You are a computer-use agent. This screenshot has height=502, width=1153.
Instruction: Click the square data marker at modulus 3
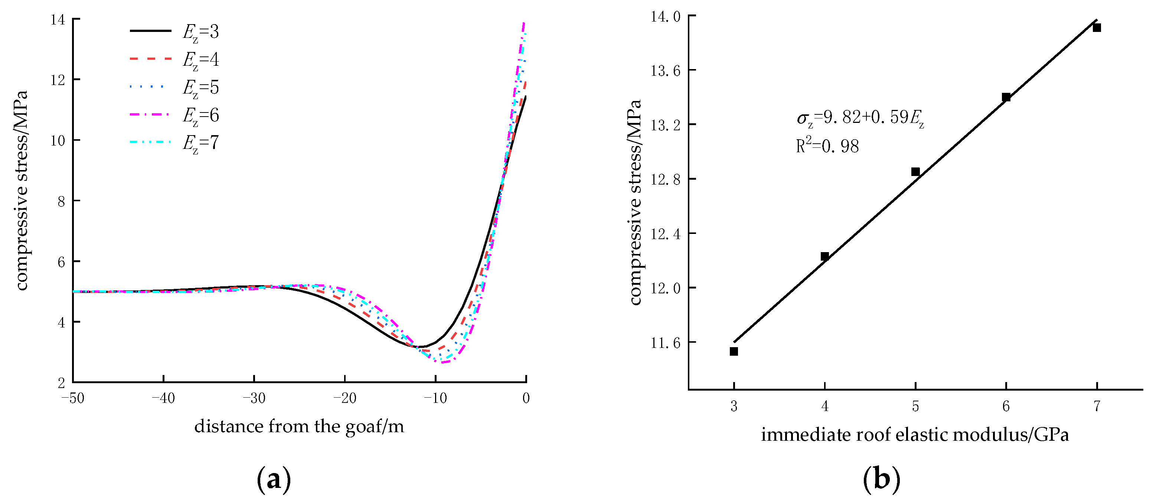[734, 352]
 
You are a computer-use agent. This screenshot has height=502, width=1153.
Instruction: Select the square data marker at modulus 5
[915, 172]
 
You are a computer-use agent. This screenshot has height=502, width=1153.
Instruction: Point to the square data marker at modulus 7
[1097, 28]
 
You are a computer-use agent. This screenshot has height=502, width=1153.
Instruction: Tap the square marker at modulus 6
[1006, 97]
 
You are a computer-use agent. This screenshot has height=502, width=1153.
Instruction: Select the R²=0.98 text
[827, 146]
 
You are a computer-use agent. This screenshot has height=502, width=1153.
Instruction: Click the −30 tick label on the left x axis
[254, 398]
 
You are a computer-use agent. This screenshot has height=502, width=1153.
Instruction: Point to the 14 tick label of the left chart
[58, 20]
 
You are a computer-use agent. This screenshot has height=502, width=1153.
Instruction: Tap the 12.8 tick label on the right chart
[665, 179]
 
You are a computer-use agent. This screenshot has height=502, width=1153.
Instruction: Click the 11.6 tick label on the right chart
[665, 343]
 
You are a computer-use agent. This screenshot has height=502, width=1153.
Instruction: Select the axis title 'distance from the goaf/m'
[299, 426]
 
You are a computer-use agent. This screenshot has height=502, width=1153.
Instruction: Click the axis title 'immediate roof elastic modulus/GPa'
[915, 435]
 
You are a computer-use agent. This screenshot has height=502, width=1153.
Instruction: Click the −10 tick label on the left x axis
[435, 398]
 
